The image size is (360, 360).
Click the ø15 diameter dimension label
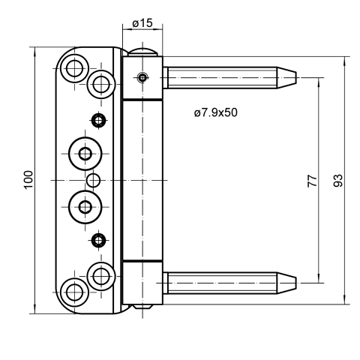tap(142, 23)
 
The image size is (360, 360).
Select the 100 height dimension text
tap(28, 180)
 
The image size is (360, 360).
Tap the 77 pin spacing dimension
tap(312, 181)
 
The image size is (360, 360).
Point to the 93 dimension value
tap(338, 181)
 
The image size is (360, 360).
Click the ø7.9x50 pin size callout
tap(215, 112)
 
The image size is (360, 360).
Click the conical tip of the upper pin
tap(286, 77)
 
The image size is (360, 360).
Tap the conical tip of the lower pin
tap(286, 283)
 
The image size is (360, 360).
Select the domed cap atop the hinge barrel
tap(142, 52)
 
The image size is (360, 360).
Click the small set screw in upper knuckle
tap(142, 78)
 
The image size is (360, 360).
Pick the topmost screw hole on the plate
tap(74, 68)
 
